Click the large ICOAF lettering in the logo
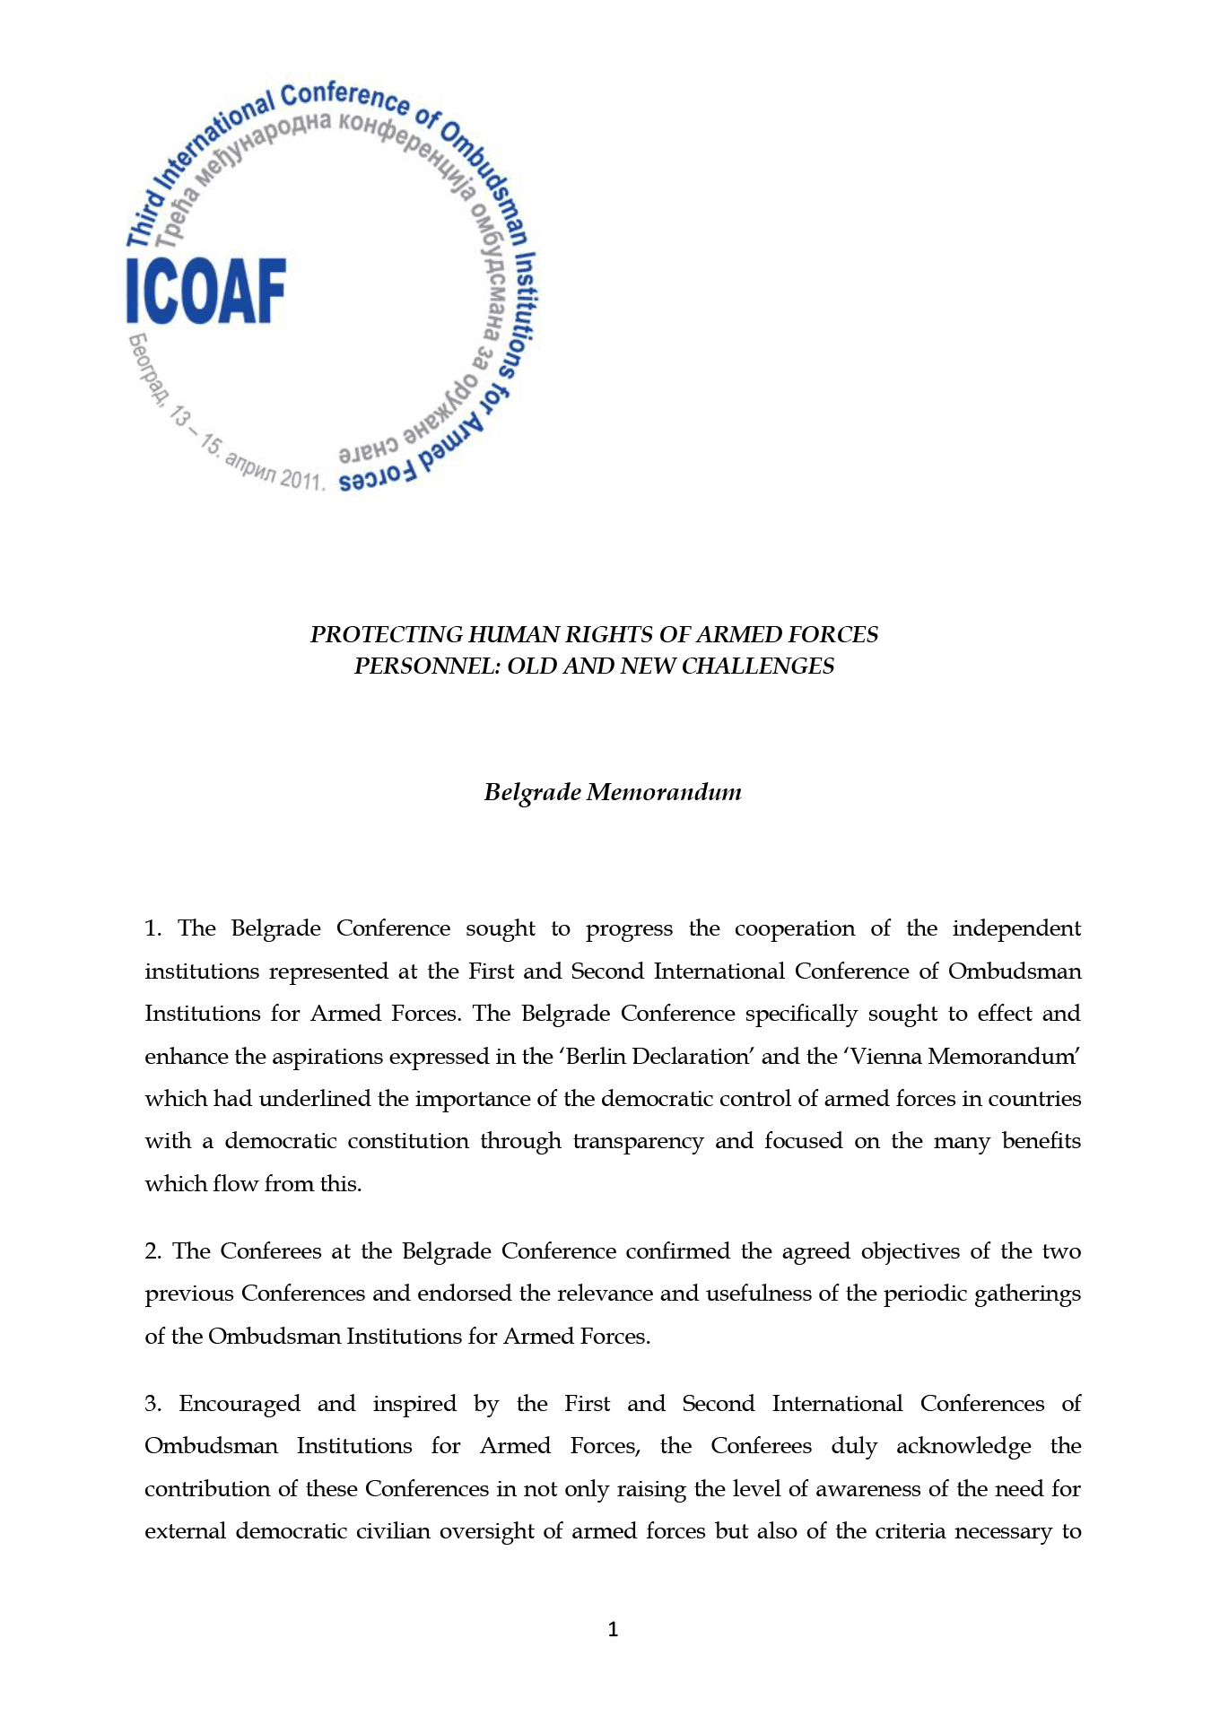(205, 291)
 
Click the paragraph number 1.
(152, 928)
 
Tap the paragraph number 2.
(152, 1251)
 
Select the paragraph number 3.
(152, 1404)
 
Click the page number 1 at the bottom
(613, 1630)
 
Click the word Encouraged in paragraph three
(240, 1404)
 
